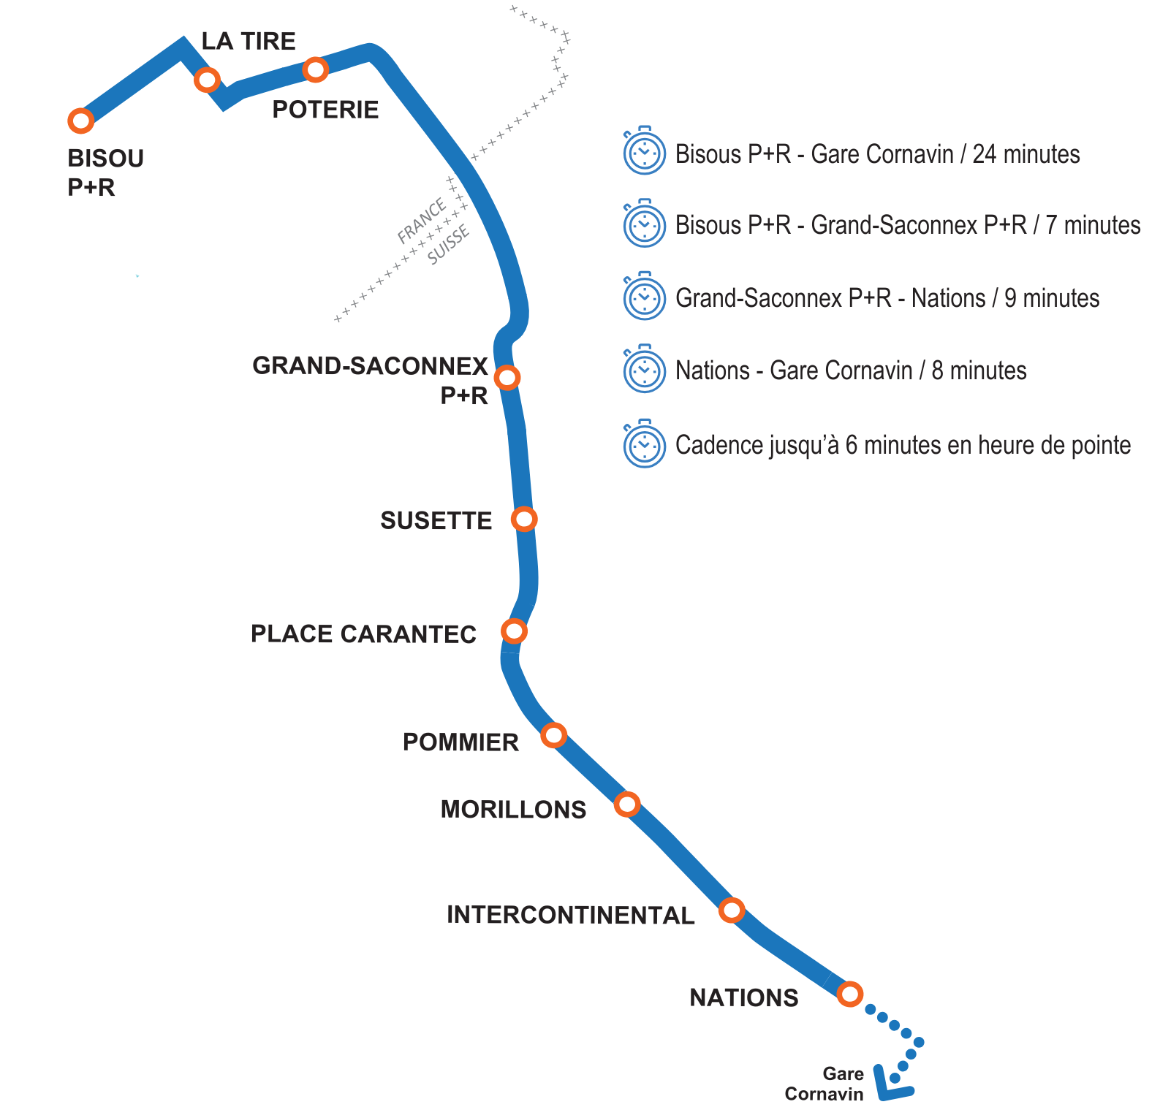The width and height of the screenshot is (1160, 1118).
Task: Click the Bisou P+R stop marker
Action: [80, 121]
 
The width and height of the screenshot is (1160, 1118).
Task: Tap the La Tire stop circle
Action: [208, 79]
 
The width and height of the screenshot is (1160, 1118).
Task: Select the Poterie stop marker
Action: [315, 69]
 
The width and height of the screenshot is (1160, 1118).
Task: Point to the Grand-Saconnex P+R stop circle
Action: [507, 377]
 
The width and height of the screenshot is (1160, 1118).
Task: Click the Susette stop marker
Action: [524, 519]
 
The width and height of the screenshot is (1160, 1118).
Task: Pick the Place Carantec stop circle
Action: [514, 630]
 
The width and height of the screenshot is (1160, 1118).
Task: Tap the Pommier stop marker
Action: [553, 734]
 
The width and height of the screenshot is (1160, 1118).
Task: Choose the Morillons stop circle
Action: [626, 804]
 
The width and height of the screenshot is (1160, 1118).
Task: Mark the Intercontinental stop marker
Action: [731, 910]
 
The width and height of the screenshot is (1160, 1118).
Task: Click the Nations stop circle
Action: [849, 994]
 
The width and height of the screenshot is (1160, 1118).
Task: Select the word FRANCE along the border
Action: [422, 221]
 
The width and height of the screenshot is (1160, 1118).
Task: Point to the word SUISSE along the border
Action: [448, 246]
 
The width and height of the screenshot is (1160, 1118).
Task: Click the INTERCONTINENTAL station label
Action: [570, 915]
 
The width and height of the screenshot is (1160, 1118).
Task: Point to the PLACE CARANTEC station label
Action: [363, 634]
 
